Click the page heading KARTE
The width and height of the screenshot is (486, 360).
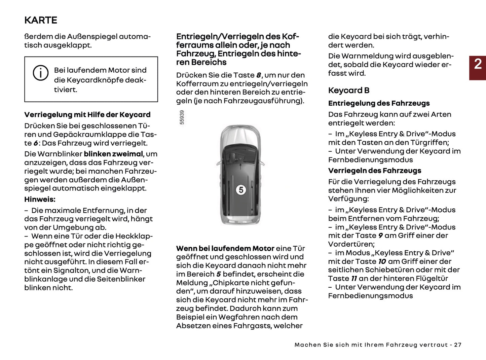click(x=41, y=20)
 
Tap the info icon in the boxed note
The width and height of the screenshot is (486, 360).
click(x=40, y=73)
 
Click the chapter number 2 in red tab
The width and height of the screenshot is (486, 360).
click(x=478, y=64)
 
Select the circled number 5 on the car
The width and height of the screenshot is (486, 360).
click(x=241, y=190)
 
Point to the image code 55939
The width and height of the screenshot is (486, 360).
click(x=182, y=117)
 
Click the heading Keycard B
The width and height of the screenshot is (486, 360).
click(x=349, y=91)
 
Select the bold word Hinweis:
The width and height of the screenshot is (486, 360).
click(x=40, y=200)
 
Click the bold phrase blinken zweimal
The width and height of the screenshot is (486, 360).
click(x=113, y=154)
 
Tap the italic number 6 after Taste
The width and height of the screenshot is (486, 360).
click(x=35, y=143)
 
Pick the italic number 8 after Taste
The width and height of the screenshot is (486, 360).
click(x=258, y=75)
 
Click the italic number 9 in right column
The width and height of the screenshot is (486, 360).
click(x=380, y=236)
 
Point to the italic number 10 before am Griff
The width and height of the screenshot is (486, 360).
click(x=382, y=261)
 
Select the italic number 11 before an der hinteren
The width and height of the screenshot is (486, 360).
click(x=354, y=279)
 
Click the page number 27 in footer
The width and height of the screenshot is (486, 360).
click(x=457, y=345)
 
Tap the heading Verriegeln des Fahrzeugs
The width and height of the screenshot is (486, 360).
click(x=375, y=171)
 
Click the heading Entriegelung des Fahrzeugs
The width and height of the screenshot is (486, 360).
click(x=379, y=103)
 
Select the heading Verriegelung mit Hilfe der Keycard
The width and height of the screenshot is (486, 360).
click(x=87, y=115)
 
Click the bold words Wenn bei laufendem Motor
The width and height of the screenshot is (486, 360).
click(x=225, y=249)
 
